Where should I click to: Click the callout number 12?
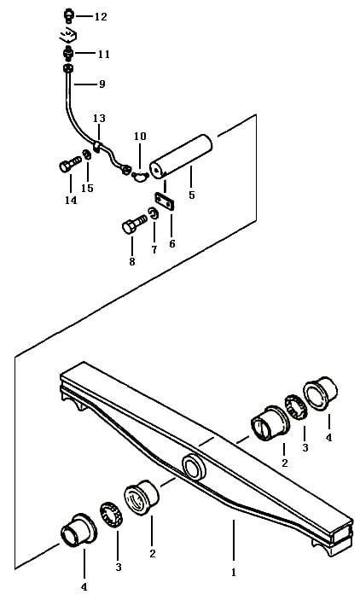pyautogui.click(x=101, y=17)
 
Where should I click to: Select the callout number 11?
pyautogui.click(x=103, y=54)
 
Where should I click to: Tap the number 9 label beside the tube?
pyautogui.click(x=102, y=84)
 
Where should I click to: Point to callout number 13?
pyautogui.click(x=99, y=118)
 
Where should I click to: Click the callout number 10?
pyautogui.click(x=140, y=136)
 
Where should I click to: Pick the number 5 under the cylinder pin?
pyautogui.click(x=192, y=195)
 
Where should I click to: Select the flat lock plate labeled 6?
pyautogui.click(x=164, y=201)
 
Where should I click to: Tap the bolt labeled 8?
pyautogui.click(x=135, y=224)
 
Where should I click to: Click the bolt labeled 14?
pyautogui.click(x=71, y=165)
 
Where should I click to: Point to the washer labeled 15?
pyautogui.click(x=87, y=155)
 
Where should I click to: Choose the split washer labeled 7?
pyautogui.click(x=153, y=213)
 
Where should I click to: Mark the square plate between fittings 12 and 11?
pyautogui.click(x=68, y=37)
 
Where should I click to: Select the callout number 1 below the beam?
pyautogui.click(x=234, y=573)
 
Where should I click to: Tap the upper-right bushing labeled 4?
pyautogui.click(x=320, y=393)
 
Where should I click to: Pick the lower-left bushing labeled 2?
pyautogui.click(x=142, y=498)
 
